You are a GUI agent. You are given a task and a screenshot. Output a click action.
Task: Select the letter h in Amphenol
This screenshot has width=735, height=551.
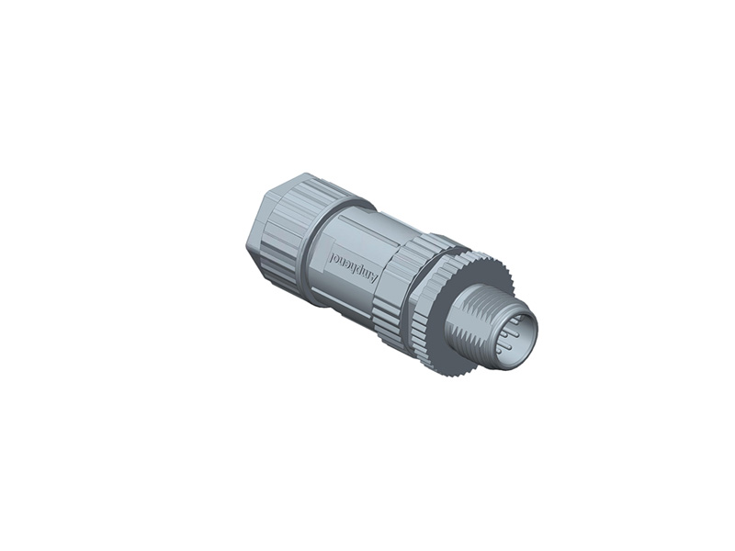click(x=353, y=265)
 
